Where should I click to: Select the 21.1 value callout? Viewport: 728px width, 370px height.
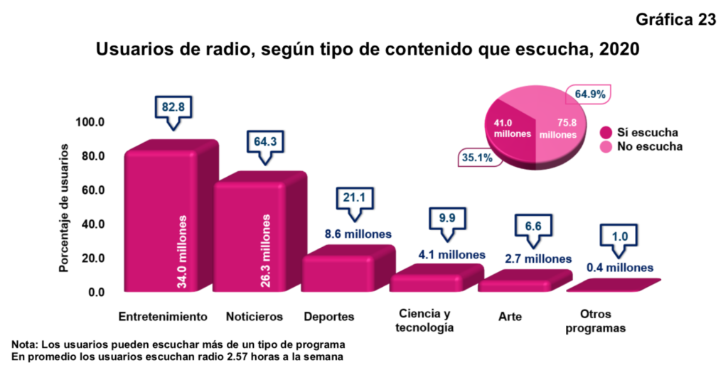coord(354,197)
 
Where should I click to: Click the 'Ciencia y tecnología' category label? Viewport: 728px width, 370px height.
coord(425,320)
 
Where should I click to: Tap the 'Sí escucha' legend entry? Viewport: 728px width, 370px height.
coord(640,133)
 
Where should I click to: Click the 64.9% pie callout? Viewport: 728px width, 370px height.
coord(589,94)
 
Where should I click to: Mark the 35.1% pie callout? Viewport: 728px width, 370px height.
coord(477,158)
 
